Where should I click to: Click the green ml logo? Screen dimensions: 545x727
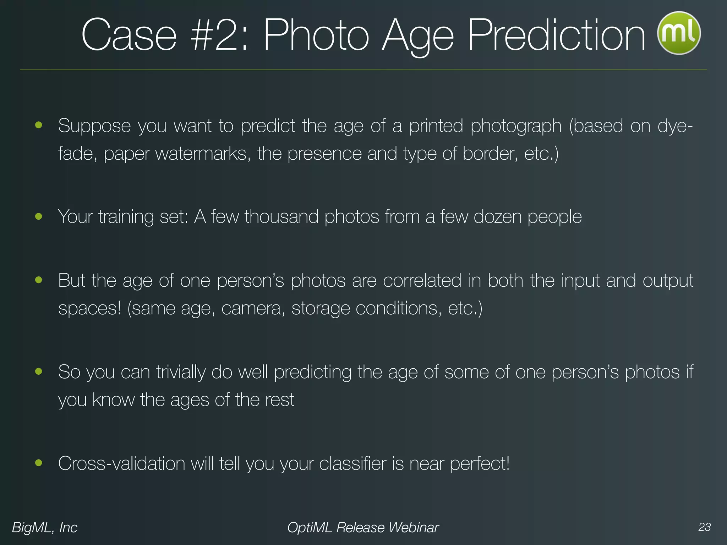[679, 33]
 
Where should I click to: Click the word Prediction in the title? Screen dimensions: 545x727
[556, 35]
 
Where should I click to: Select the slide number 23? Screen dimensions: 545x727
[704, 527]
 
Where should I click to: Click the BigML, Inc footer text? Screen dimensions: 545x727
[45, 528]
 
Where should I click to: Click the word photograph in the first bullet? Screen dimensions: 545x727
[516, 126]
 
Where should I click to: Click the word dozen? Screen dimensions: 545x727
[497, 217]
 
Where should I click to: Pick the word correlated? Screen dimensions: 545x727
[422, 281]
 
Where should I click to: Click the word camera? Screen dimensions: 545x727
[253, 308]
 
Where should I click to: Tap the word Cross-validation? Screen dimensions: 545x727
[121, 464]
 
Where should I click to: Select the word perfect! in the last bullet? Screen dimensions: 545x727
[480, 464]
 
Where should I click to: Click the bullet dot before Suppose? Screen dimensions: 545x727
[39, 125]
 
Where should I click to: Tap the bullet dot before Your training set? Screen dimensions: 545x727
[39, 216]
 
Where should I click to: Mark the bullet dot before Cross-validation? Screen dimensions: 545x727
[39, 463]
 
